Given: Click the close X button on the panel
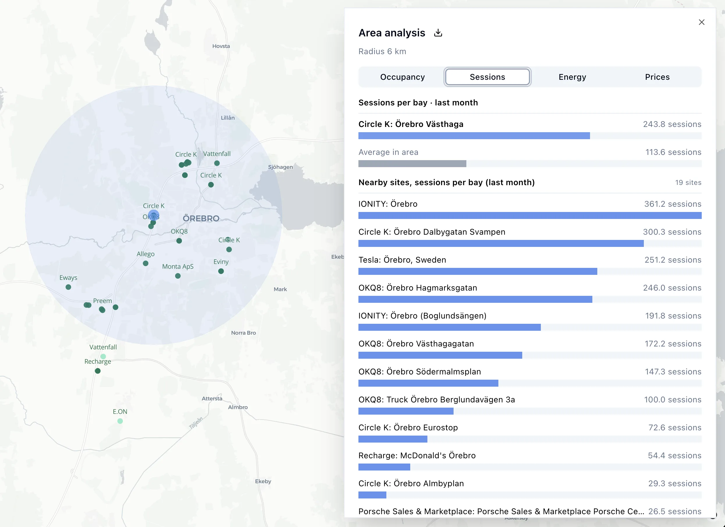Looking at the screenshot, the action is (x=701, y=22).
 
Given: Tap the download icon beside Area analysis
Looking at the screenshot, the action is (x=438, y=33).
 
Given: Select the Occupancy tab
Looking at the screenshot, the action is (x=402, y=77).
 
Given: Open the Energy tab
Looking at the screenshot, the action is (x=572, y=77).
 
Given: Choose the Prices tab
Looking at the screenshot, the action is (x=657, y=77).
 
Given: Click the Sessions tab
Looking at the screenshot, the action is (x=487, y=77).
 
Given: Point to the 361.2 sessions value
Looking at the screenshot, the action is (x=673, y=204).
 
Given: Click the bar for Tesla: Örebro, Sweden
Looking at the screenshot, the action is (x=478, y=271).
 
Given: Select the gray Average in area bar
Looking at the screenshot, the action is (x=412, y=164).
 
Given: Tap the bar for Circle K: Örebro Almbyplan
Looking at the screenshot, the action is (x=372, y=495).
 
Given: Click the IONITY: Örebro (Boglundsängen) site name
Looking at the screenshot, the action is (x=422, y=316).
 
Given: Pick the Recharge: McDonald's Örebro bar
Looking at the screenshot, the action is (x=384, y=467).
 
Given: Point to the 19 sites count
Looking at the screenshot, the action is (x=688, y=182).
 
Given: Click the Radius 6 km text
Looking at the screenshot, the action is (x=382, y=52).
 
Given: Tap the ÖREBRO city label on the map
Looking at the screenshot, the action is (x=201, y=219).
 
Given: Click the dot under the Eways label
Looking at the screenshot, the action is (x=68, y=287).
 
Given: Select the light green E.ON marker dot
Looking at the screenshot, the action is (x=120, y=421).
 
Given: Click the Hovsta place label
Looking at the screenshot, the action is (x=221, y=46).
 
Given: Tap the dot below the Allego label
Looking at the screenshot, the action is (x=145, y=263).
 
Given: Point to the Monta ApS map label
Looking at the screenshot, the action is (x=178, y=266).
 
